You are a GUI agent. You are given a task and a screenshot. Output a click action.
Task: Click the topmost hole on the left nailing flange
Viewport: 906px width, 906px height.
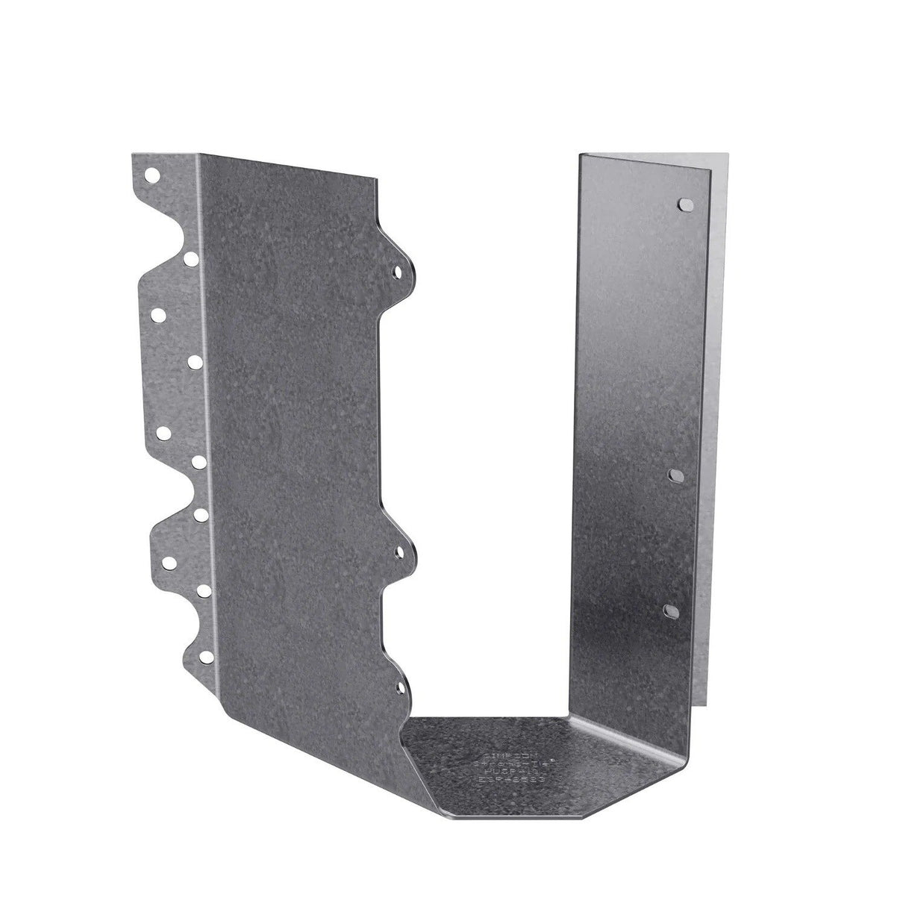151,176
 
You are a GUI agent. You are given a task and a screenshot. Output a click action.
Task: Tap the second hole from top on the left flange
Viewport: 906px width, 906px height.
192,258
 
